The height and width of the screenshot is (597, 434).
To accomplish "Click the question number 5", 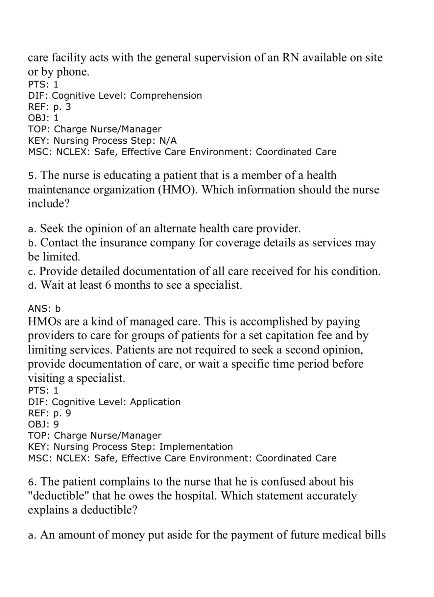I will (31, 176).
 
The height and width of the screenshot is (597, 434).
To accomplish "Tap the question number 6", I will (31, 482).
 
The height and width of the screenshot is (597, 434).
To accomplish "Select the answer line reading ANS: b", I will (44, 309).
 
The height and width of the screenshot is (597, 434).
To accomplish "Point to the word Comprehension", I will (166, 96).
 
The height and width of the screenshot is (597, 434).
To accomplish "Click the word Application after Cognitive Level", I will (155, 402).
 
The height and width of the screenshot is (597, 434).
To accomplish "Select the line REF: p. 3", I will (49, 107).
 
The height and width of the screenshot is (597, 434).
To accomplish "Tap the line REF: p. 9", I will (49, 413).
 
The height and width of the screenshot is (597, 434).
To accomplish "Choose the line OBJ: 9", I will (43, 424).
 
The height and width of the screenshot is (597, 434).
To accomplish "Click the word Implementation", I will (196, 447).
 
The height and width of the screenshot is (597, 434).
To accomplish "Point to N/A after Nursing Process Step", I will (168, 141).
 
